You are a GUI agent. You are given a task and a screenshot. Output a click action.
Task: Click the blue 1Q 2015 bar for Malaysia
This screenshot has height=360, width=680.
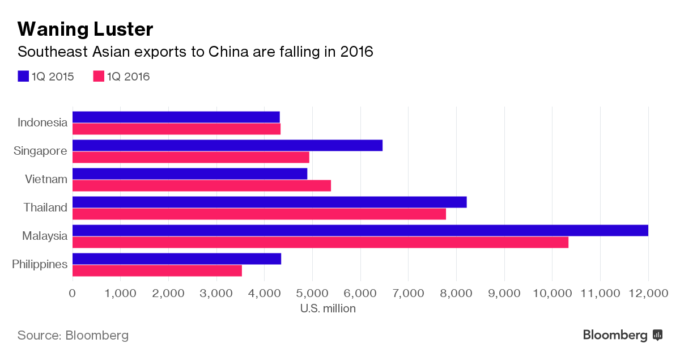click(x=360, y=231)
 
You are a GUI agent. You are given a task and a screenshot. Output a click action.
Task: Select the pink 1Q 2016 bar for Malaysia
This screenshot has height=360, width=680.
click(x=320, y=243)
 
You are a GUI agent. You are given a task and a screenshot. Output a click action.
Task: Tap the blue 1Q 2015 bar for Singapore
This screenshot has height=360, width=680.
click(x=227, y=146)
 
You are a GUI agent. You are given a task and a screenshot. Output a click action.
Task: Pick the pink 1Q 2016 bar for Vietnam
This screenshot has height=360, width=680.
click(x=201, y=186)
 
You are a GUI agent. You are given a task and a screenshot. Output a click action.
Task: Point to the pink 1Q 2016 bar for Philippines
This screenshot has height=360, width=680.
click(x=157, y=271)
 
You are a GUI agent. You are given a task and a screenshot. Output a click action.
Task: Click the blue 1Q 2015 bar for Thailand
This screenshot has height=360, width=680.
click(x=269, y=202)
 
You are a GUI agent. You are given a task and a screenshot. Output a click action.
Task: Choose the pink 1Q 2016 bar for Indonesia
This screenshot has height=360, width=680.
click(x=176, y=129)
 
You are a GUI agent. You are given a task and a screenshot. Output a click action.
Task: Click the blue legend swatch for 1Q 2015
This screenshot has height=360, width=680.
click(x=23, y=77)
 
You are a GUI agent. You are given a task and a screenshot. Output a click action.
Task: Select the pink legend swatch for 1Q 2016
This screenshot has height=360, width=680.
click(x=99, y=77)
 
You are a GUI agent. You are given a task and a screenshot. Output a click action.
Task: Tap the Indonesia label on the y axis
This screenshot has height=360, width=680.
click(x=42, y=122)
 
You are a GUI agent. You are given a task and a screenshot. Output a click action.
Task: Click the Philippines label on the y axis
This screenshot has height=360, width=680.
click(x=40, y=264)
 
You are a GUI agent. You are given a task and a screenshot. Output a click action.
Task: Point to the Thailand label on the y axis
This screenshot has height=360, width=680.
click(x=45, y=207)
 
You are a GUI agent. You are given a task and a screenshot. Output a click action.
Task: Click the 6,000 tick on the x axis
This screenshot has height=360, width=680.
click(x=360, y=293)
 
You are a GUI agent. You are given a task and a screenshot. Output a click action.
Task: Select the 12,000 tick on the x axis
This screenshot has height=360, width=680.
click(x=648, y=293)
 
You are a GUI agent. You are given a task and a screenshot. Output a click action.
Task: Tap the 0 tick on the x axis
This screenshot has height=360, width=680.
click(x=72, y=293)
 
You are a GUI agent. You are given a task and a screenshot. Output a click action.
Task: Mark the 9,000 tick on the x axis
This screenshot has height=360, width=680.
click(x=504, y=293)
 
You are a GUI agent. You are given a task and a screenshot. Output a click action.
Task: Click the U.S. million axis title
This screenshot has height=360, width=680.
click(x=328, y=308)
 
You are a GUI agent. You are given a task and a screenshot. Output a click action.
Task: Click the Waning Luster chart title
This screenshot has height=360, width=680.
click(x=86, y=29)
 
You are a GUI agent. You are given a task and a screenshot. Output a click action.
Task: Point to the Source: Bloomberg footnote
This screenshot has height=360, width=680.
click(x=73, y=335)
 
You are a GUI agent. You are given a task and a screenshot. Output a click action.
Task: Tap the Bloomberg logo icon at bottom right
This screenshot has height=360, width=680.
click(x=657, y=335)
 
